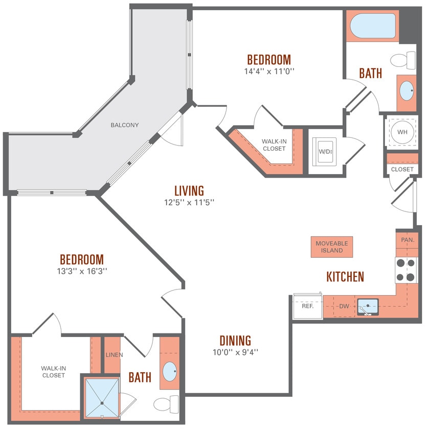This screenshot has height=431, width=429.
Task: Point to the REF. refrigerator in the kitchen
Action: point(307,306)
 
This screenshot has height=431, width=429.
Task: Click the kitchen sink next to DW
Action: point(367,307)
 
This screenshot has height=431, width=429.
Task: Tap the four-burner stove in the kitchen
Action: point(408,270)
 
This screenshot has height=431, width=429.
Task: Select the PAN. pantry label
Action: point(407,240)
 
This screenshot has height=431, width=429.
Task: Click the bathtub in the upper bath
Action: point(373,26)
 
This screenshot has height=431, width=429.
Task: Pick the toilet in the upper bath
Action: point(405,60)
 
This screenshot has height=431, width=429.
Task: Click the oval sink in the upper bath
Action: point(407,91)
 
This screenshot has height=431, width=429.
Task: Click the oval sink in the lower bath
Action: point(170,369)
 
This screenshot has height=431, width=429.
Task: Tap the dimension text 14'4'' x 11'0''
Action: point(269,71)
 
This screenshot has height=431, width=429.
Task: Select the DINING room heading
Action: point(235,340)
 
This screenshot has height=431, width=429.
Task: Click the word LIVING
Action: point(189,190)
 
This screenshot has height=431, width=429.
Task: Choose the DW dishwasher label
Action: point(344,306)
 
